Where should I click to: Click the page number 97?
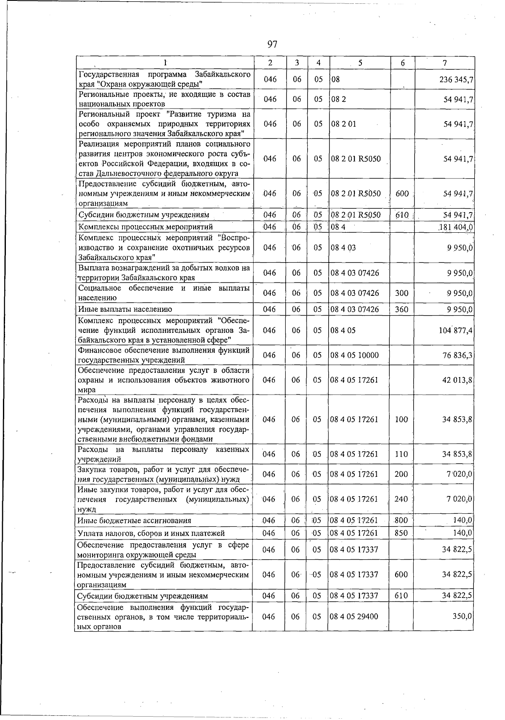272,44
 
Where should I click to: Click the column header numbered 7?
444,63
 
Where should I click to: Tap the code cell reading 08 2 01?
344,124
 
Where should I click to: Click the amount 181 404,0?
456,227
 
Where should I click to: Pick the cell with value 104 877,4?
456,330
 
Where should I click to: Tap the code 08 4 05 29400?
354,616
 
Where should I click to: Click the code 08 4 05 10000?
354,355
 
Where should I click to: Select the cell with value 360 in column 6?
401,309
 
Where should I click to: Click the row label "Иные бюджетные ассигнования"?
135,521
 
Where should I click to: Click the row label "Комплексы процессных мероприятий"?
146,227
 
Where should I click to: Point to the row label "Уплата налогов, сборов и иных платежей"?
151,533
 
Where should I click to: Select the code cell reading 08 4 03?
343,247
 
